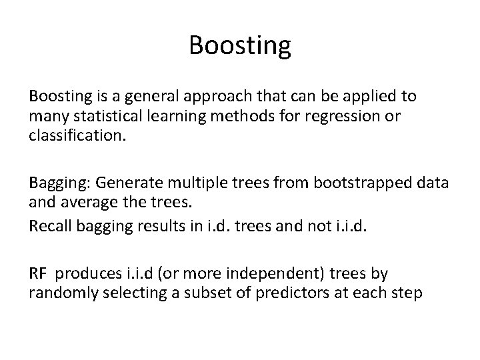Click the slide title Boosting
pyautogui.click(x=240, y=46)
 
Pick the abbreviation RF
pyautogui.click(x=38, y=273)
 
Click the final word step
pyautogui.click(x=407, y=294)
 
